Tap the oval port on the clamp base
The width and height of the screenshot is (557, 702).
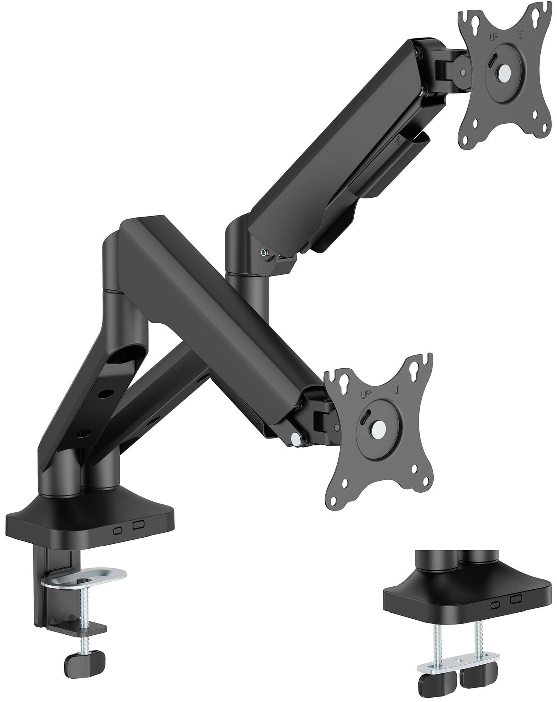118,531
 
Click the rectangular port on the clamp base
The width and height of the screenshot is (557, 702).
138,525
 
